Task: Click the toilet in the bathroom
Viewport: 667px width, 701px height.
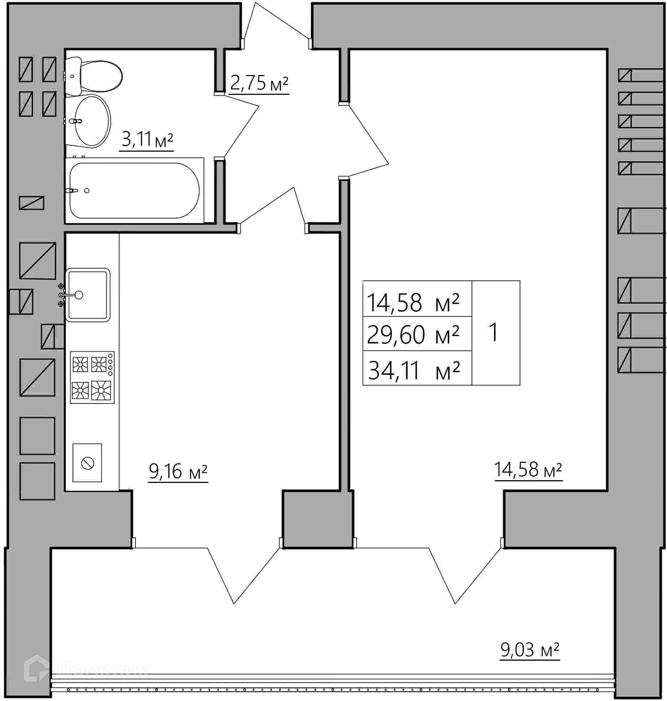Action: tap(94, 76)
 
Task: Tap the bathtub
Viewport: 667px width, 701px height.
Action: tap(134, 190)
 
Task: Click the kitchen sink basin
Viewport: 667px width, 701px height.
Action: tap(88, 295)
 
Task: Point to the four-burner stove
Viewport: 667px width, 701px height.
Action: tap(92, 377)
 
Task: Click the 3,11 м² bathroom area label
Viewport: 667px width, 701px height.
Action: tap(147, 139)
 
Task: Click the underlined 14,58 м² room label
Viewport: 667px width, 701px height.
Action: tap(528, 470)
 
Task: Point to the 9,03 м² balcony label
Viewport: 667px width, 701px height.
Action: tap(530, 650)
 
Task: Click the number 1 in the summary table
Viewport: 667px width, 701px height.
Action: tap(494, 332)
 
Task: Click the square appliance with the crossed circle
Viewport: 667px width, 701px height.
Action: tap(87, 463)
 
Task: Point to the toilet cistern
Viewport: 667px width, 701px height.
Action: tap(73, 76)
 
